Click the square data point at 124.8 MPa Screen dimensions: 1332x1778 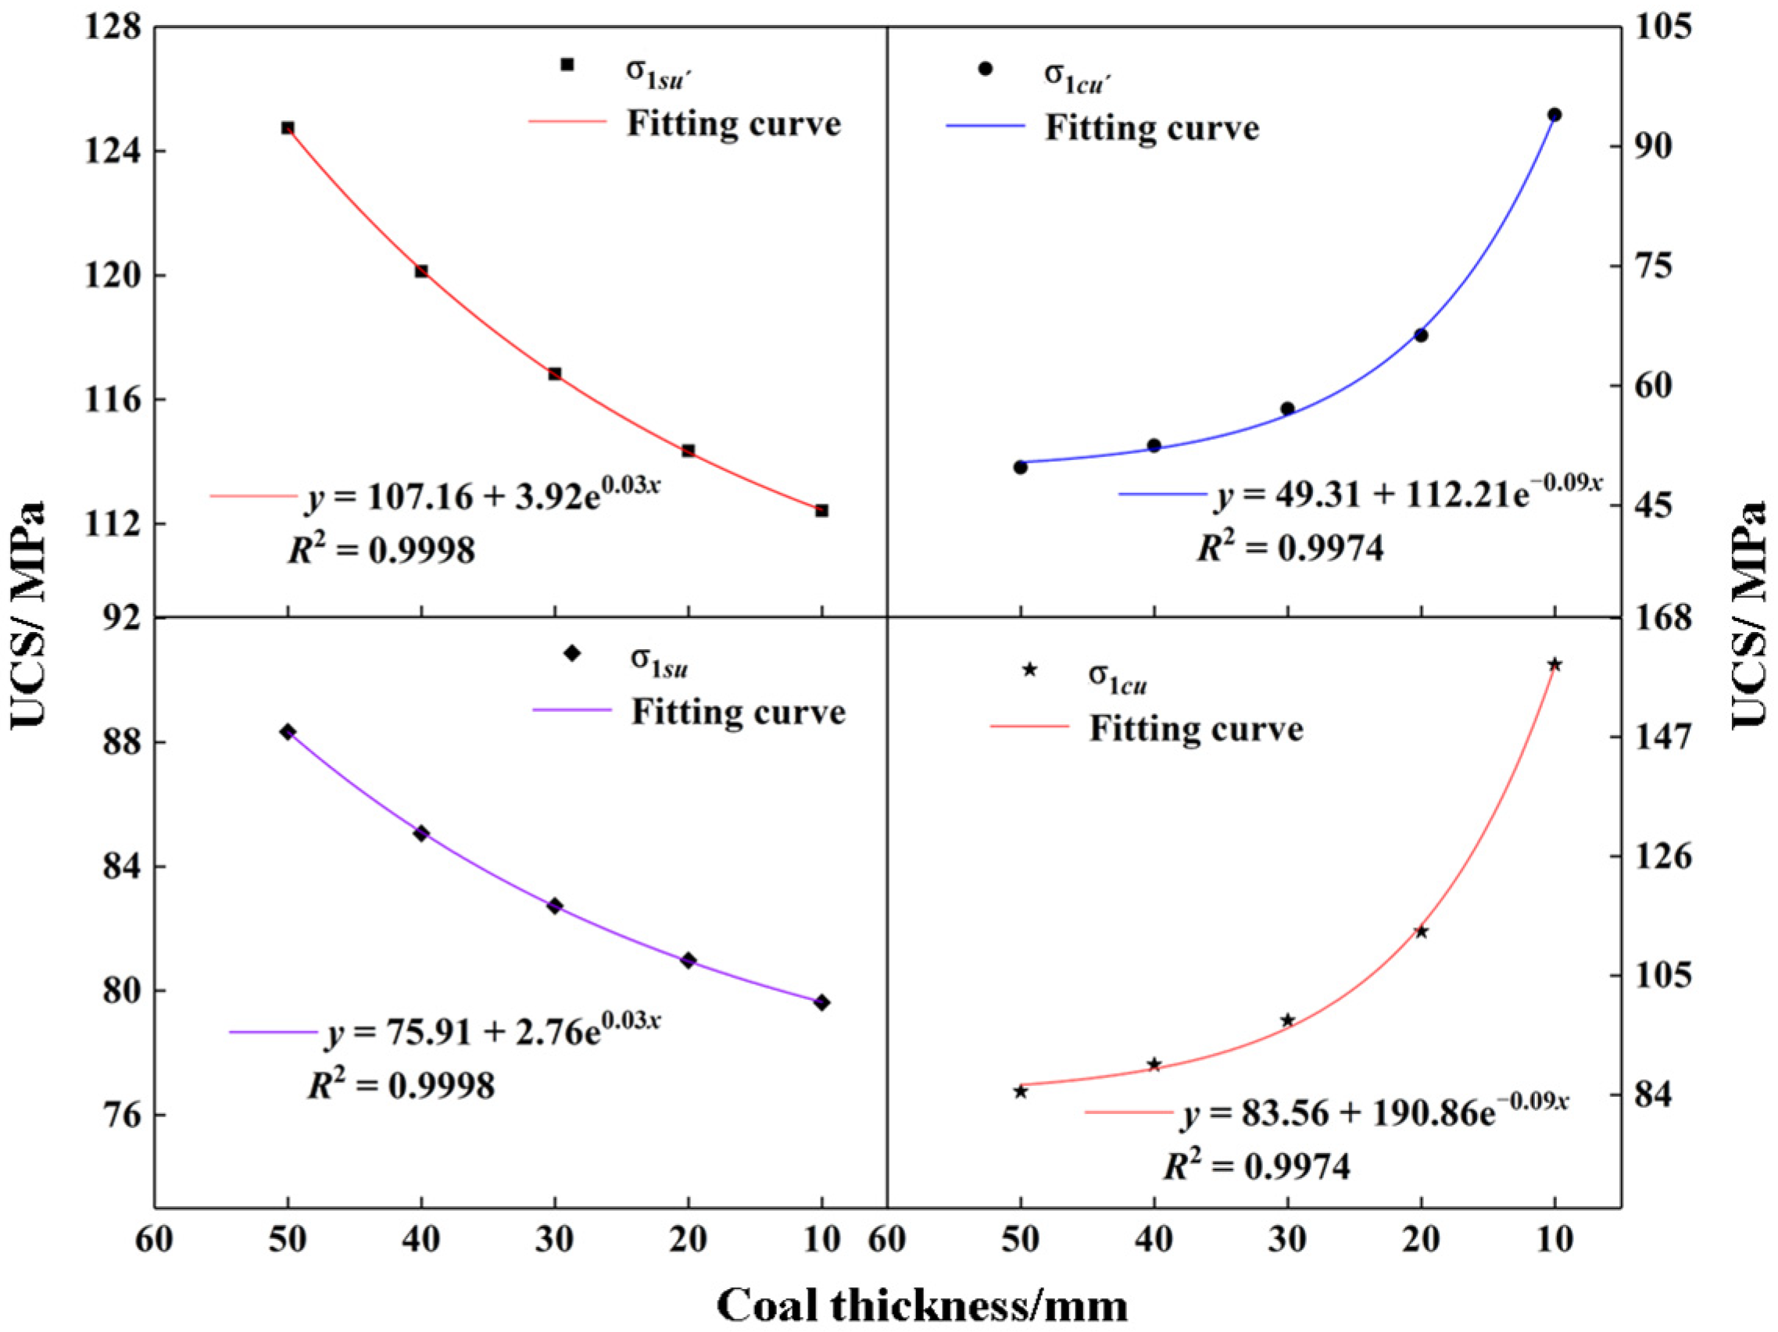[288, 128]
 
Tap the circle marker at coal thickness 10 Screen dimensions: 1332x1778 [1554, 115]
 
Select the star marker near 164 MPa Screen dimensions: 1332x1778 [1554, 664]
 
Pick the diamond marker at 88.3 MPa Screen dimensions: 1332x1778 [288, 731]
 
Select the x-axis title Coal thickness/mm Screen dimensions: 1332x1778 [922, 1305]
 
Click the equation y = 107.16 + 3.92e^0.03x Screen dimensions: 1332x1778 [482, 495]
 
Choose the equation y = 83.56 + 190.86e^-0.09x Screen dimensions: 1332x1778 [1376, 1112]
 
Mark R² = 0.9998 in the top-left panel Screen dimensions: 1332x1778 [381, 549]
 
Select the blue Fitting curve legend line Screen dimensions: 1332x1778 [986, 126]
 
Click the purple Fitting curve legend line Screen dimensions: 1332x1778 [572, 710]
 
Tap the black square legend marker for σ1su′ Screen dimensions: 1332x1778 [567, 64]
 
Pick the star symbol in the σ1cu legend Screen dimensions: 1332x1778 [1029, 670]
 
